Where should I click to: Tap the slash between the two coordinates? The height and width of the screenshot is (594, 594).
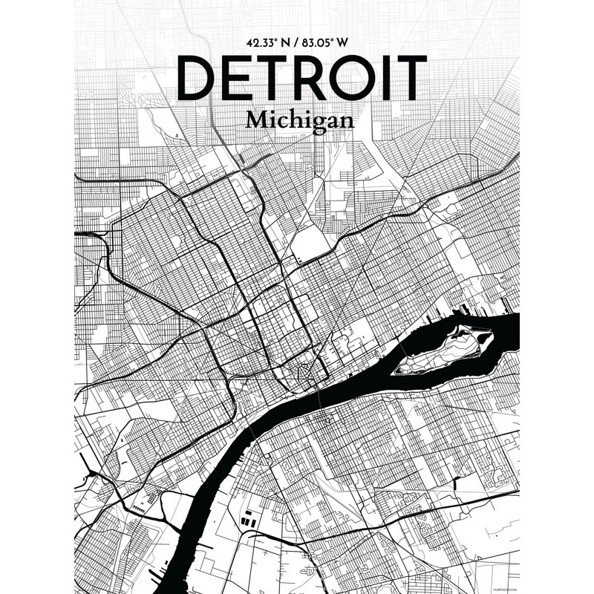(293, 42)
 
